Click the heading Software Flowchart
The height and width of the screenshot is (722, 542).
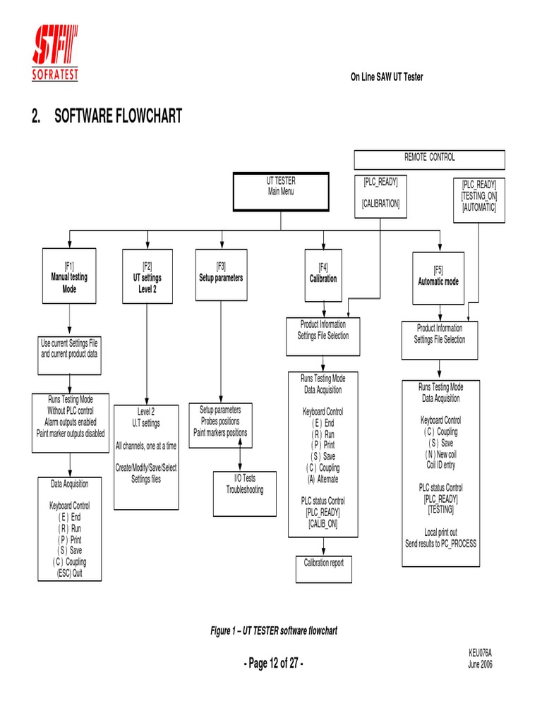[107, 116]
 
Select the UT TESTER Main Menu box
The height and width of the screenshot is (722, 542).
[281, 191]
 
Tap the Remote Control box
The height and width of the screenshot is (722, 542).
[429, 158]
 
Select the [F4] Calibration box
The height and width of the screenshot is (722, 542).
[323, 274]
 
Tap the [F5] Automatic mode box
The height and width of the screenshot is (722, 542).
[438, 276]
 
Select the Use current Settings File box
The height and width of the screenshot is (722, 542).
[69, 348]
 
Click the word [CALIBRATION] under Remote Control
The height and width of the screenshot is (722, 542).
[381, 204]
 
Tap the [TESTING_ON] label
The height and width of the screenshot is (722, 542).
[479, 196]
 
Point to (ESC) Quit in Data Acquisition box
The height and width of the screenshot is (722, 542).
[69, 574]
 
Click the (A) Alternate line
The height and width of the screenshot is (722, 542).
[323, 479]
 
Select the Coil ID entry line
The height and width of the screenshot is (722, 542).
[441, 465]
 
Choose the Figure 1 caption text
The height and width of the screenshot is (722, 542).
[270, 631]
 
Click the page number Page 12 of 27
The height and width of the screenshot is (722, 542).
[274, 663]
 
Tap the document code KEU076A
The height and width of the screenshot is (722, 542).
[480, 654]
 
